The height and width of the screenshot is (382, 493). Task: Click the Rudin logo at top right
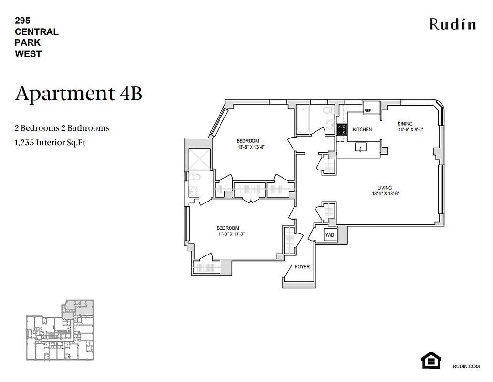click(452, 24)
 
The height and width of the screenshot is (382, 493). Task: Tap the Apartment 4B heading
click(79, 94)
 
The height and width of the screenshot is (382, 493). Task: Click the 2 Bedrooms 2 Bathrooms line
click(62, 128)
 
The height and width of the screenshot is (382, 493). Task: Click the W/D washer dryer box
click(330, 235)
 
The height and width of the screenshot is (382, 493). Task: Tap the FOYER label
click(302, 267)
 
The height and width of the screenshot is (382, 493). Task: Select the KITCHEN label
click(362, 130)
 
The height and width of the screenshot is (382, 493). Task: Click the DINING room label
click(405, 124)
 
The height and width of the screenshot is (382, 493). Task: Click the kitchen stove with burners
click(341, 130)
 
